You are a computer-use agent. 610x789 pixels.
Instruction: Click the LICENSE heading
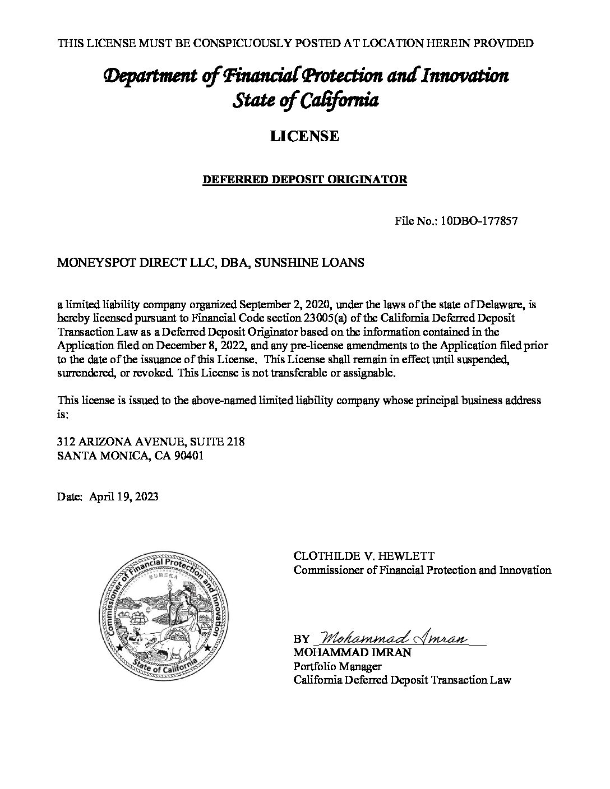[304, 136]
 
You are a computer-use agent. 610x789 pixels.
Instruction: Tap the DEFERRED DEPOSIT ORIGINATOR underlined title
[304, 180]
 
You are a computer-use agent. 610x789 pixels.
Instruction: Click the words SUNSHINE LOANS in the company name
[309, 262]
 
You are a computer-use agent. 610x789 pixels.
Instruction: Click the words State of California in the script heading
[304, 101]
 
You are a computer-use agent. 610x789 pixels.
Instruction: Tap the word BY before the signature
[301, 639]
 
